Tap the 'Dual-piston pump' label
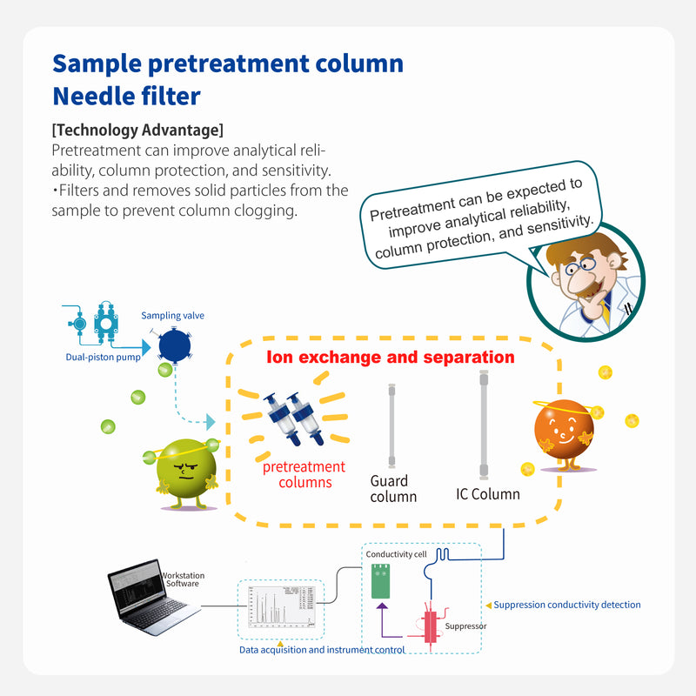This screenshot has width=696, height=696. tap(97, 357)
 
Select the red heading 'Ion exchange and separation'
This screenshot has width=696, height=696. tap(390, 357)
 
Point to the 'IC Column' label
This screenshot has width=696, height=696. tap(488, 494)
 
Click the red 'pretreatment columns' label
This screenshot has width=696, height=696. tap(304, 474)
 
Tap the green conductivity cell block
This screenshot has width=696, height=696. tap(381, 581)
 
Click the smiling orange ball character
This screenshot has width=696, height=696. tap(565, 431)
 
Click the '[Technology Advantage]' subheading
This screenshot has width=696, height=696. tap(137, 130)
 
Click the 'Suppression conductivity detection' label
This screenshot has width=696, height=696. tap(567, 605)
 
